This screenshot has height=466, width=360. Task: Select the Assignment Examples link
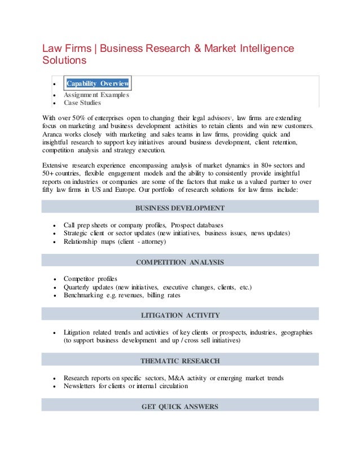tap(96, 95)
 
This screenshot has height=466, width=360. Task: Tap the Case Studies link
tap(82, 103)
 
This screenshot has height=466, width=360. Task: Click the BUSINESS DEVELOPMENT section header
tap(180, 208)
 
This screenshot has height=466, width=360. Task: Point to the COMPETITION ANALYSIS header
tap(180, 262)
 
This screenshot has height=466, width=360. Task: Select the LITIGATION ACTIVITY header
tap(180, 315)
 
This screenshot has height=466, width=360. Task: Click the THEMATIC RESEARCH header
tap(180, 361)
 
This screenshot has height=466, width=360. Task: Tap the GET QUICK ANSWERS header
tap(180, 406)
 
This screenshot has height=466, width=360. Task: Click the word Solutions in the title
tap(64, 60)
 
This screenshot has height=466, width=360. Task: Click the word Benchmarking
tap(83, 295)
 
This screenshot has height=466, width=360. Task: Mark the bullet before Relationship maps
tap(54, 242)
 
